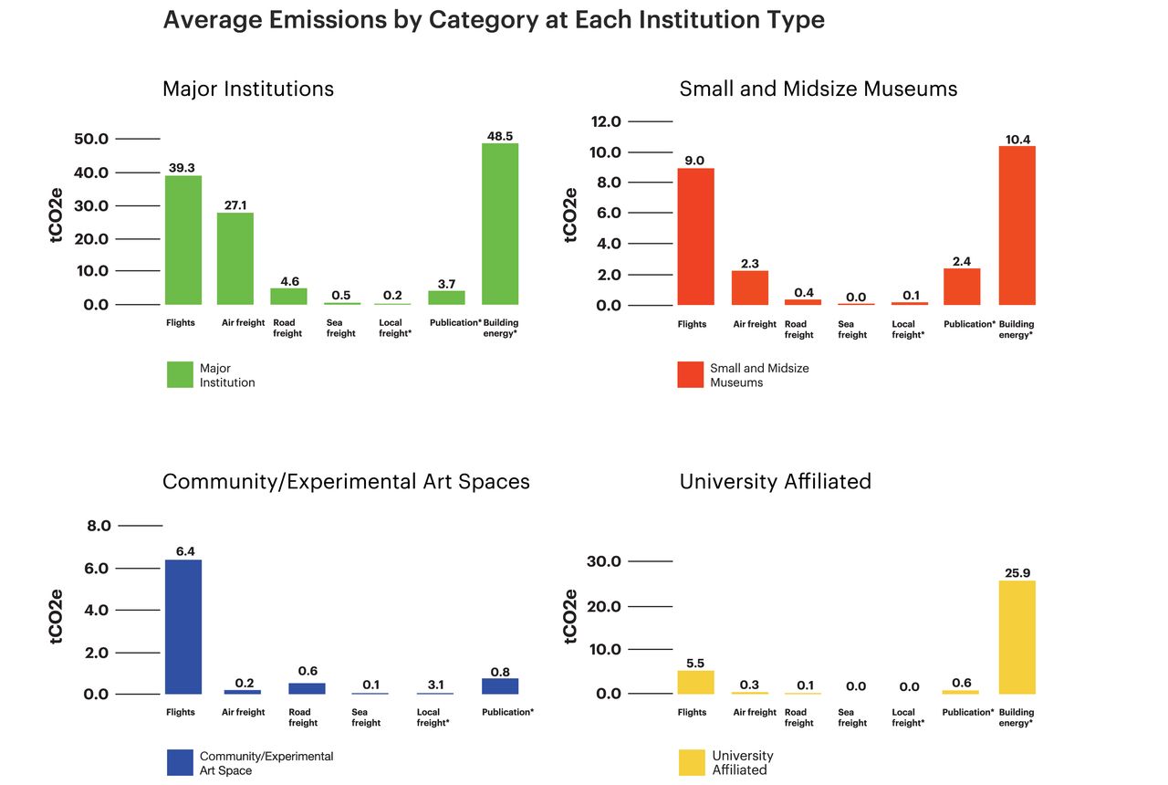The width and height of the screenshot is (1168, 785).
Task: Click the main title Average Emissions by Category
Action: pos(493,20)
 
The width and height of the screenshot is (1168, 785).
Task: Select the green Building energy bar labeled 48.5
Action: pos(500,224)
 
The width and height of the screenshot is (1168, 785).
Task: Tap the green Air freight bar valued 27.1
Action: pos(235,258)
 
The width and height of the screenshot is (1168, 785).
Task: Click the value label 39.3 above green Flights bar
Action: pos(182,168)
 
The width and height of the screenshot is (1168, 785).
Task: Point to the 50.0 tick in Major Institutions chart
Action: pos(90,139)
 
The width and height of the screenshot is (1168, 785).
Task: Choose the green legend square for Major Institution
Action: pos(180,374)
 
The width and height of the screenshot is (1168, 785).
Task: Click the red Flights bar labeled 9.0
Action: pos(695,236)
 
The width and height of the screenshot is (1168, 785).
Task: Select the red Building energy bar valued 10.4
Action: pos(1017,225)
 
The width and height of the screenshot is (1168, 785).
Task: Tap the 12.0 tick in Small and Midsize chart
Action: pos(606,121)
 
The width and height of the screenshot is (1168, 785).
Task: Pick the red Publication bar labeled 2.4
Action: pos(962,287)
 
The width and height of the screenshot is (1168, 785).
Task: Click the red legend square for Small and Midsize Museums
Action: pos(691,374)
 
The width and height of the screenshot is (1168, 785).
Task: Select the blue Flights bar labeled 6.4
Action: pos(182,626)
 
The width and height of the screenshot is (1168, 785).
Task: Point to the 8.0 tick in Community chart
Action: pos(99,526)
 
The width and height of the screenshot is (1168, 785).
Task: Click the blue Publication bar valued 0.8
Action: pos(500,686)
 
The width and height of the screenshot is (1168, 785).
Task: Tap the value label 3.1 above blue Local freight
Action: pos(435,685)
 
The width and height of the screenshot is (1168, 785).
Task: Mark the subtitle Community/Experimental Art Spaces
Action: pos(346,481)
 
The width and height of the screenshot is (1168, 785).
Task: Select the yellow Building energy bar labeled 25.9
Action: pos(1017,637)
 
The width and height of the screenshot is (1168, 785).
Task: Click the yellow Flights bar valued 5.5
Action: pos(695,682)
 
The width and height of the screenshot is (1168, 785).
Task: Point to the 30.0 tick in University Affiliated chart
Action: pos(603,561)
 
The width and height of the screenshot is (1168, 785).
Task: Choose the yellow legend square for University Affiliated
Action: pos(692,762)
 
